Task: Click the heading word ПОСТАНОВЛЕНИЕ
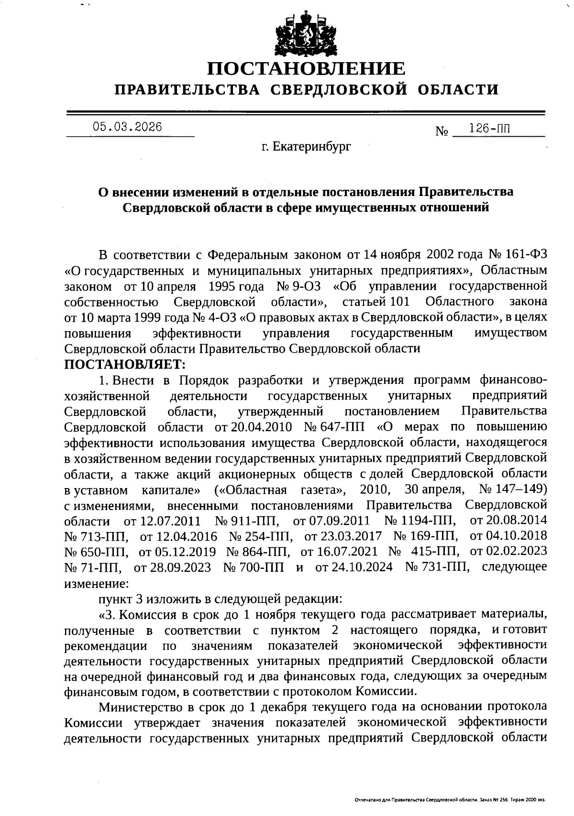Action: pos(306,68)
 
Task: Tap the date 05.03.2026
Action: pos(128,127)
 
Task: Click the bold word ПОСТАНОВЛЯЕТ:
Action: pos(125,364)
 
